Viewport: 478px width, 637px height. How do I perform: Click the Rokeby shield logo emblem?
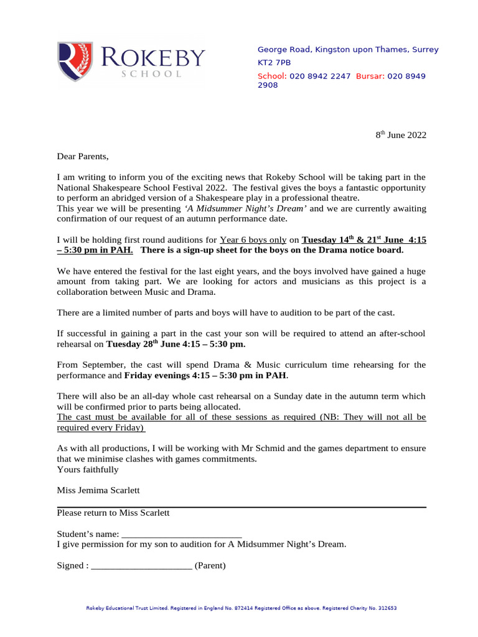pyautogui.click(x=75, y=62)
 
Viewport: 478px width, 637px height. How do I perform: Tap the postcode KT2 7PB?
pyautogui.click(x=274, y=63)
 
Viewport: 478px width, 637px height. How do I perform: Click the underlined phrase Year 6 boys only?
pyautogui.click(x=253, y=239)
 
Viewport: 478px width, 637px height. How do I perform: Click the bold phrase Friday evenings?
pyautogui.click(x=157, y=376)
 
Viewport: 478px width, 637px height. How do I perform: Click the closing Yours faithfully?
pyautogui.click(x=88, y=469)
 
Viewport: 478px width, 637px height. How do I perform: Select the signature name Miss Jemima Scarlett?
pyautogui.click(x=98, y=490)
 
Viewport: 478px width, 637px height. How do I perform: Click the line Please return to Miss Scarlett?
pyautogui.click(x=113, y=513)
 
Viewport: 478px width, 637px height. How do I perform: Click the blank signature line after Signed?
pyautogui.click(x=141, y=565)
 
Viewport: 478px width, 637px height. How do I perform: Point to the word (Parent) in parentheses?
pyautogui.click(x=210, y=565)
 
